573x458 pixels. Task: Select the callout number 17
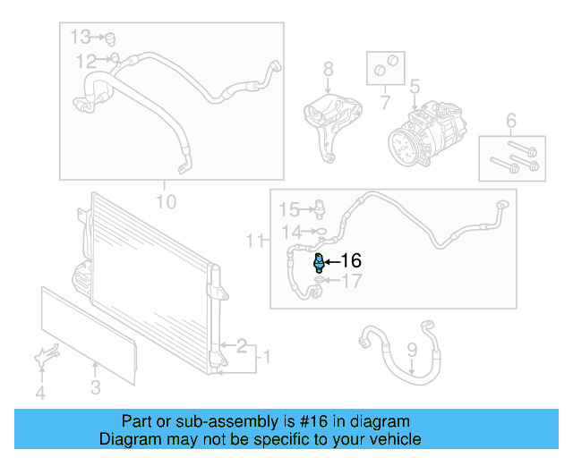352,282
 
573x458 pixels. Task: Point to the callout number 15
287,210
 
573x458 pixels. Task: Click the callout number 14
290,233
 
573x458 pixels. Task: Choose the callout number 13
81,37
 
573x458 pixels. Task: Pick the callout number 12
86,61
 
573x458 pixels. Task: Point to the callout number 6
511,121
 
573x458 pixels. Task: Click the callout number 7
385,104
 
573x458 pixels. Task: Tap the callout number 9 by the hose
412,350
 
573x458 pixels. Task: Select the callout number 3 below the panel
96,387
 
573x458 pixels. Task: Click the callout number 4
39,393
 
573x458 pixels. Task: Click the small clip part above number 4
42,358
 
